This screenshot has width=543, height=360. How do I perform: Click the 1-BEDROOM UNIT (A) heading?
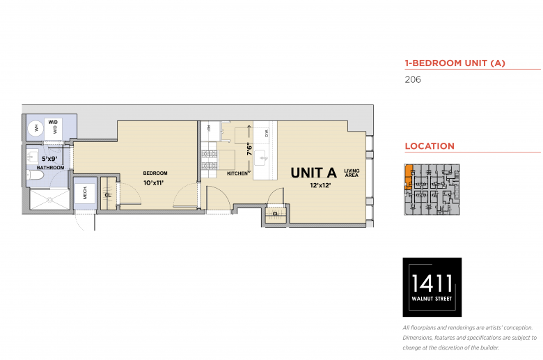[455, 63]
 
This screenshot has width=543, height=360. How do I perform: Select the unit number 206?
[413, 79]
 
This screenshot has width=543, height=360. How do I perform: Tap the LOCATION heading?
[430, 146]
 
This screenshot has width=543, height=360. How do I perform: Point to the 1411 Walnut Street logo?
[432, 287]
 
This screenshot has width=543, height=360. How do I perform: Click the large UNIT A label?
[313, 173]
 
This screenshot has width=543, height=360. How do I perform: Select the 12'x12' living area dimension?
[320, 185]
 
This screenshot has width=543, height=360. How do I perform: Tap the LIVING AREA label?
[352, 173]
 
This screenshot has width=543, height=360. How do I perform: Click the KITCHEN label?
[237, 173]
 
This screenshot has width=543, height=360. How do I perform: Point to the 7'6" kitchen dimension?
[249, 149]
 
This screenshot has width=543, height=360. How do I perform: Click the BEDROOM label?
[155, 173]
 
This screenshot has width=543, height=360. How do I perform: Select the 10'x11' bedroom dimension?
[153, 183]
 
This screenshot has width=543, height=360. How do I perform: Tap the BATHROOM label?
[51, 168]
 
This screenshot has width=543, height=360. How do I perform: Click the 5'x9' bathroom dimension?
[49, 159]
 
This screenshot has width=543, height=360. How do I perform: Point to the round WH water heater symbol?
[36, 129]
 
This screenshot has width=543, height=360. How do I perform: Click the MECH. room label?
[85, 192]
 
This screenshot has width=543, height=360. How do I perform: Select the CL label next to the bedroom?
[108, 195]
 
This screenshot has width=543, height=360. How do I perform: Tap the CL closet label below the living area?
[275, 214]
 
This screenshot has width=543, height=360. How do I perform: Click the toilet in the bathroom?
[36, 175]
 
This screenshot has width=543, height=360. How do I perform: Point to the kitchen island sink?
[261, 159]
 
